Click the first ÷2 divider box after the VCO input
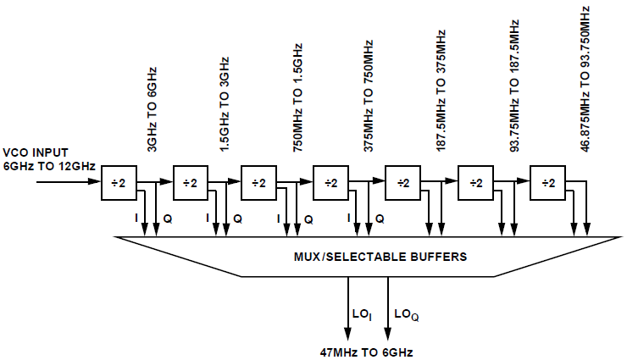(x=119, y=183)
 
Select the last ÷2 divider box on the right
(x=547, y=183)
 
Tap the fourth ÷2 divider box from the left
(x=331, y=183)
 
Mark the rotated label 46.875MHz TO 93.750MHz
(x=585, y=77)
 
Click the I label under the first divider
(x=136, y=219)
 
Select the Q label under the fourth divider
(x=380, y=219)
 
